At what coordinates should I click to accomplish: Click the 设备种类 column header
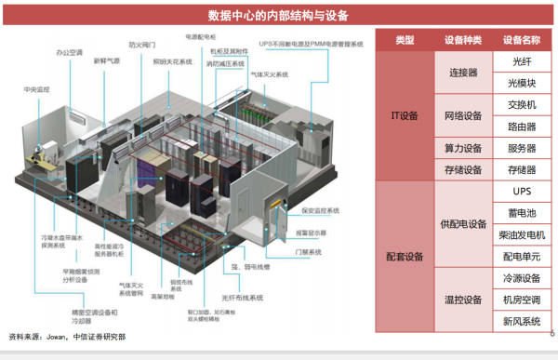click(x=463, y=40)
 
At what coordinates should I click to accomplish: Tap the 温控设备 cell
click(x=463, y=300)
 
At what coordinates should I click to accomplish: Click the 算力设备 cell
click(x=463, y=148)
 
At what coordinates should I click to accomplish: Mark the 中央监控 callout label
click(x=37, y=89)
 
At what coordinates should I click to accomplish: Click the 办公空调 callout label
click(x=70, y=52)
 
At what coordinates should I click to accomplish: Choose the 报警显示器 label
click(x=312, y=232)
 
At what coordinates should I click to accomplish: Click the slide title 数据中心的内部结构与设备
click(x=278, y=15)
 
